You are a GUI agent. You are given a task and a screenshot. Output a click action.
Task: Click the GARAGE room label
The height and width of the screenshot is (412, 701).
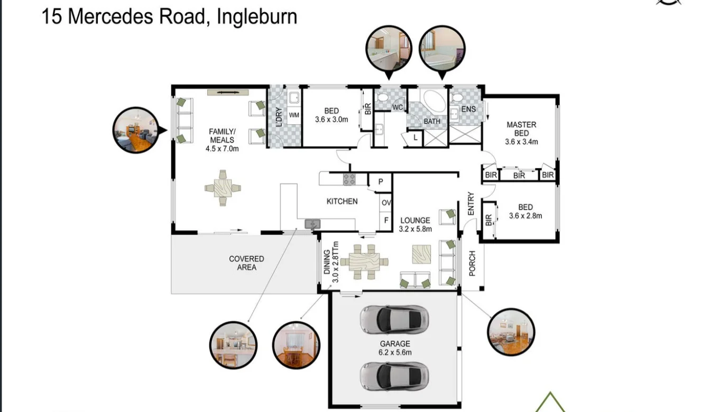tap(395, 344)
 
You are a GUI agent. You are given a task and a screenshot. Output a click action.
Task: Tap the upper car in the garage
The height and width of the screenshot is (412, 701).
tap(394, 320)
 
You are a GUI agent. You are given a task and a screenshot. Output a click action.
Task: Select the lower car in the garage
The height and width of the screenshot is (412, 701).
tap(394, 377)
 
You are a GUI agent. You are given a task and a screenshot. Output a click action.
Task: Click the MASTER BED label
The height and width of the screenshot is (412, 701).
tap(521, 129)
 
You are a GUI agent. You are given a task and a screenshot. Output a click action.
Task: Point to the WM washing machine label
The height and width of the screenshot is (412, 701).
tap(294, 115)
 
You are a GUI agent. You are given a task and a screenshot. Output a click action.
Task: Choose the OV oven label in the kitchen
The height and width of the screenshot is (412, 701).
tap(386, 203)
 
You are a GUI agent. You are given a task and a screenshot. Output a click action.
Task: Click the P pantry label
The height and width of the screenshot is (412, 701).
tap(381, 181)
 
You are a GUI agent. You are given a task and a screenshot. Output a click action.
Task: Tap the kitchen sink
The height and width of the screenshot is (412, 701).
tap(312, 224)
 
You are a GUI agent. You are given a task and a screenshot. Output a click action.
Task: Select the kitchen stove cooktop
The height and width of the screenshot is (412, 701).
tap(349, 179)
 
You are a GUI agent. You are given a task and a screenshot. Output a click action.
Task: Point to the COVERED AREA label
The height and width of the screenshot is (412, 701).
tap(246, 263)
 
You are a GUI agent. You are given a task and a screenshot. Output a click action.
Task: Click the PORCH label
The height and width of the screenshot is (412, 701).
tap(472, 263)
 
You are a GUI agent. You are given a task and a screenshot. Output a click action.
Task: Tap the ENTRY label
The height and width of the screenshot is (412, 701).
tap(471, 204)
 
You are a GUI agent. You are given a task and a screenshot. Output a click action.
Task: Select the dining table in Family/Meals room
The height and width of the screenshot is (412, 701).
tap(223, 188)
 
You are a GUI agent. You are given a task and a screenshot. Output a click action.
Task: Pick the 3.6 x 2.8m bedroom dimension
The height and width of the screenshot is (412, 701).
tap(525, 216)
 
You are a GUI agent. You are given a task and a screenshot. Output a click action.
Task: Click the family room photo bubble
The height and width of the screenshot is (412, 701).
tap(136, 130)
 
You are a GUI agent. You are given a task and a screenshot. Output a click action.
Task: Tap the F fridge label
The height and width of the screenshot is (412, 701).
tap(386, 221)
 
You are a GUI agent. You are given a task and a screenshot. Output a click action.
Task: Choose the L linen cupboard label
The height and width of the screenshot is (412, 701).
tap(416, 138)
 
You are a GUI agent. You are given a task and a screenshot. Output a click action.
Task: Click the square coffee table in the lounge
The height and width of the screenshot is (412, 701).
tap(421, 254)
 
